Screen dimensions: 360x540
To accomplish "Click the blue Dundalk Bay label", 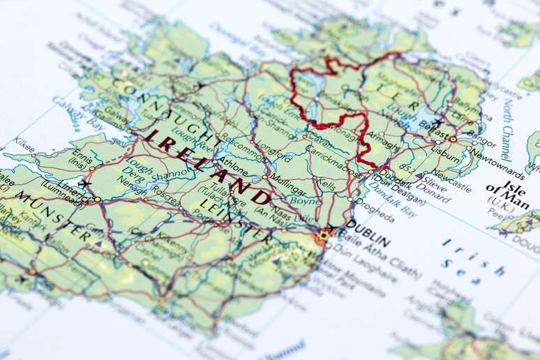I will (394, 197).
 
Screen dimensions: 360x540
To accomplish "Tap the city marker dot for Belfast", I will (452, 139).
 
